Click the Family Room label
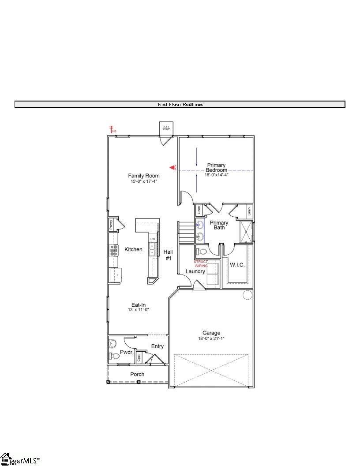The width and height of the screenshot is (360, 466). [144, 176]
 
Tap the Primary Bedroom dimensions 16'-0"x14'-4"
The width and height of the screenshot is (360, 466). [216, 175]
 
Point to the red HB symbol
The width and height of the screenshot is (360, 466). [112, 129]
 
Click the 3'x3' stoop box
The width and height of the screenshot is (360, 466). [166, 128]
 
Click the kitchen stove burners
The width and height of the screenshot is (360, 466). [114, 251]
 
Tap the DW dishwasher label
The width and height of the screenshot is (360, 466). [153, 239]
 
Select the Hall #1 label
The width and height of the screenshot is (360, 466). [168, 255]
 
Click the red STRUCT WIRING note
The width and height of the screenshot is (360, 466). [201, 263]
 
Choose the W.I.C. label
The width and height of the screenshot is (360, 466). [237, 265]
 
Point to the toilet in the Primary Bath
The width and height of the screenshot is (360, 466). [202, 252]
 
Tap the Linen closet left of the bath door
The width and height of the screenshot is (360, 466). [199, 210]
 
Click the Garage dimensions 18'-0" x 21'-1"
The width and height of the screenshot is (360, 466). [211, 338]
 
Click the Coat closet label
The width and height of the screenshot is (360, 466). [139, 358]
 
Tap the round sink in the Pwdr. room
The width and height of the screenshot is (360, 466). [112, 343]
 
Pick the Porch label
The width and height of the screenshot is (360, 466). [137, 374]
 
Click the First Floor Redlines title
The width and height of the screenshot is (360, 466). [180, 105]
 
